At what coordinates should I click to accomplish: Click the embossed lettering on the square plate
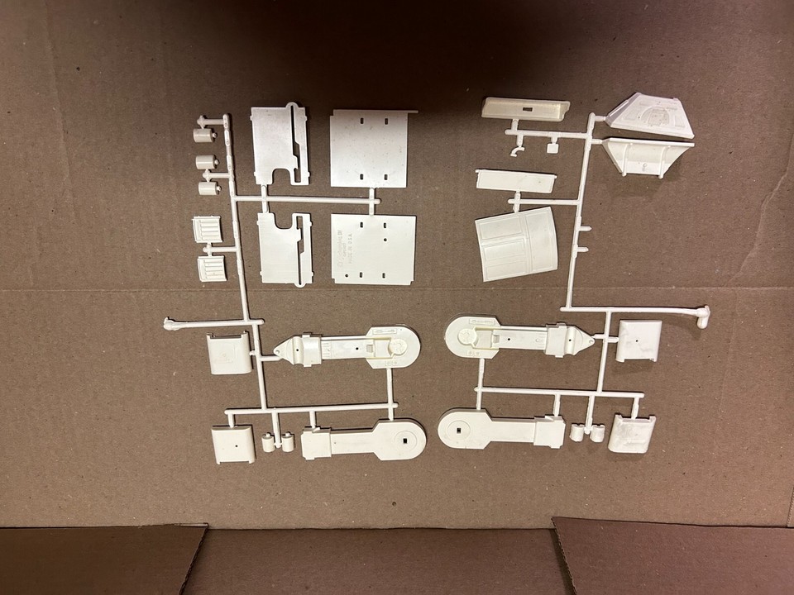[x=342, y=245]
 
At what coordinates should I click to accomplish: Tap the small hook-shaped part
[x=517, y=152]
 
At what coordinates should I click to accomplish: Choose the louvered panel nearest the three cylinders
[x=208, y=229]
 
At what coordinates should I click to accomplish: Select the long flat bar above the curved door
[x=514, y=182]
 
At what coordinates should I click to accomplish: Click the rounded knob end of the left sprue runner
[x=170, y=324]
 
